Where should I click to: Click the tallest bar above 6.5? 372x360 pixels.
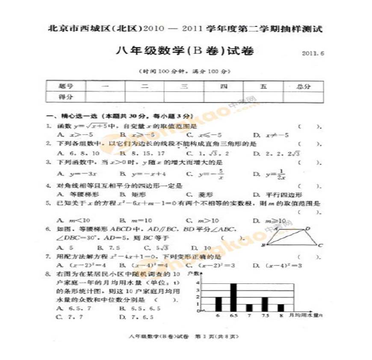233,297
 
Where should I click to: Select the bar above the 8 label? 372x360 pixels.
281,308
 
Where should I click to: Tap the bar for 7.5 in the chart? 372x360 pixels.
265,304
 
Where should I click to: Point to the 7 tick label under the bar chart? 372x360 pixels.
249,316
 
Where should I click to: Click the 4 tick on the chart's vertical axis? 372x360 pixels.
198,283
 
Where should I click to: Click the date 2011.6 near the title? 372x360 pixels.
313,53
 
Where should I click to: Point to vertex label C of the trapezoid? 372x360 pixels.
320,245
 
